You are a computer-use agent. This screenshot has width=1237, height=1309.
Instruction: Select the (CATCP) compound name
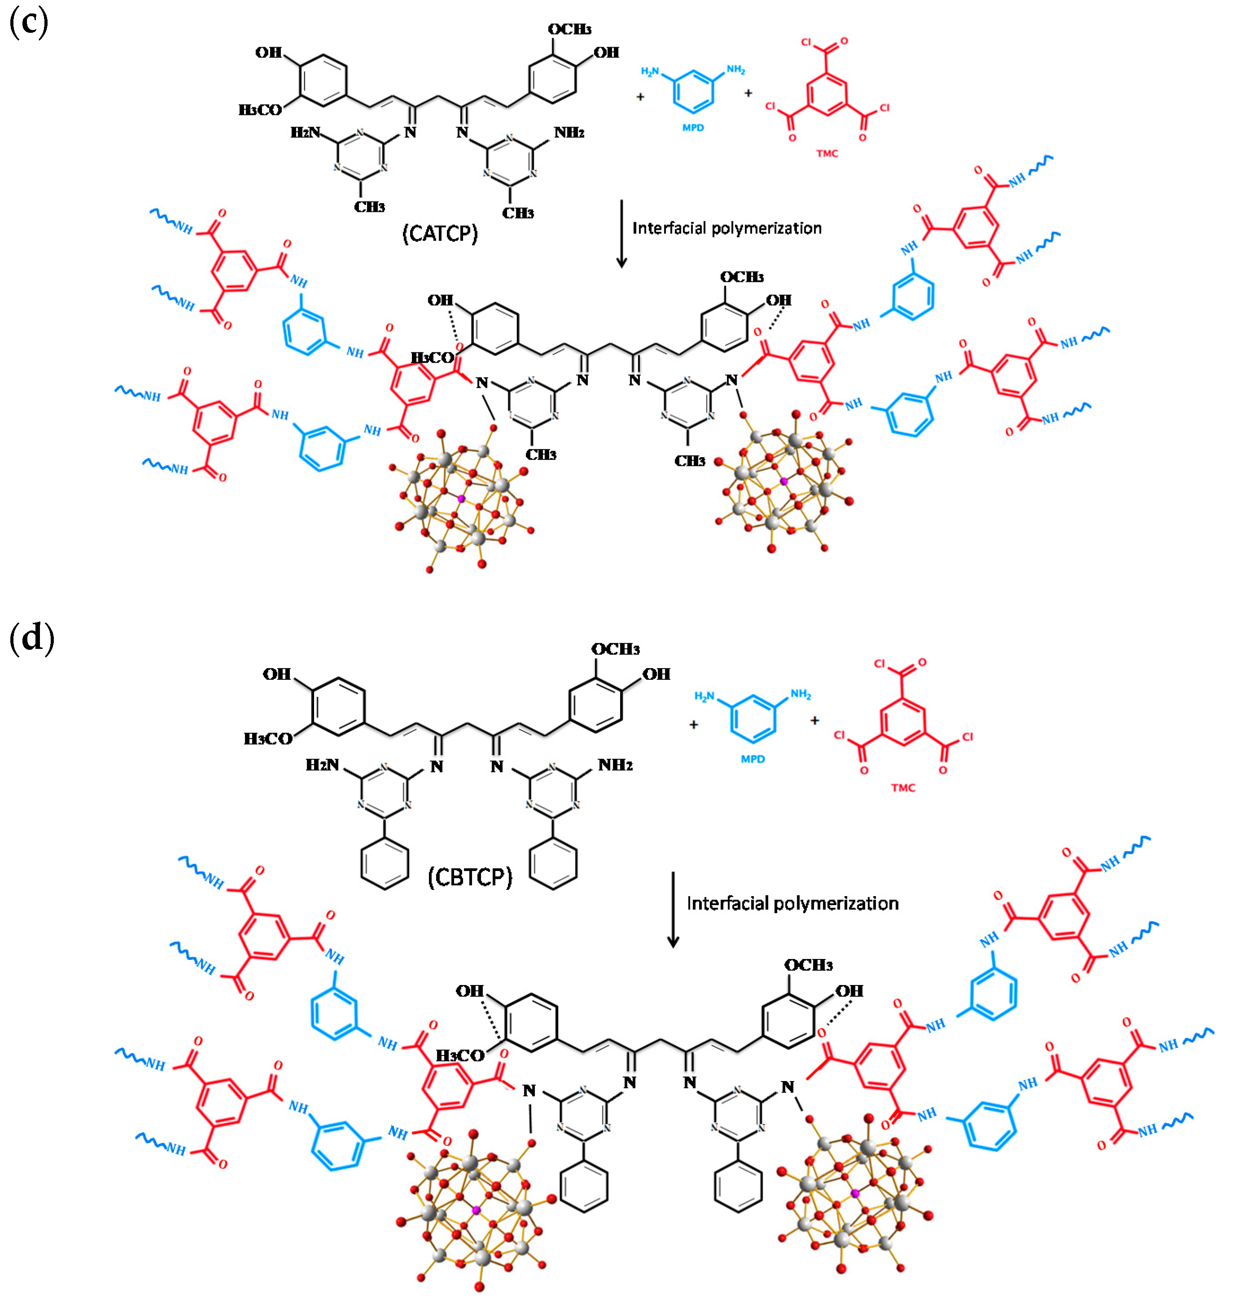click(440, 233)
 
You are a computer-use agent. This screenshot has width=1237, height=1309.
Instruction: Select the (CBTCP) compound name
click(469, 877)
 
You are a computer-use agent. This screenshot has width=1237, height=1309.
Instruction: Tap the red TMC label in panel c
click(827, 153)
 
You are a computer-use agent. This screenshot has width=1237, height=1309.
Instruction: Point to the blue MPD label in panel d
click(752, 759)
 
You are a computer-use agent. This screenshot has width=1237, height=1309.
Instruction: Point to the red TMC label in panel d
click(903, 788)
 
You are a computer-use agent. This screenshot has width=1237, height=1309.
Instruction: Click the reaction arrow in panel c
click(621, 234)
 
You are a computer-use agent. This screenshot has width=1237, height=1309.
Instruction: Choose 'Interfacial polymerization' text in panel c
click(727, 228)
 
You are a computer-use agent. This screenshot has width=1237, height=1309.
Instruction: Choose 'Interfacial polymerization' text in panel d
click(792, 903)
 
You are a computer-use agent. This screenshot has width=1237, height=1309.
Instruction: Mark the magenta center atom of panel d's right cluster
click(855, 1194)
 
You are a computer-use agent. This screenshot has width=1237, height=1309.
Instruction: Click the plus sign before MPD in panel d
click(694, 724)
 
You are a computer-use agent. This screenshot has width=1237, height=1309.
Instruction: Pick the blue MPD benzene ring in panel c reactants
click(693, 89)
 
